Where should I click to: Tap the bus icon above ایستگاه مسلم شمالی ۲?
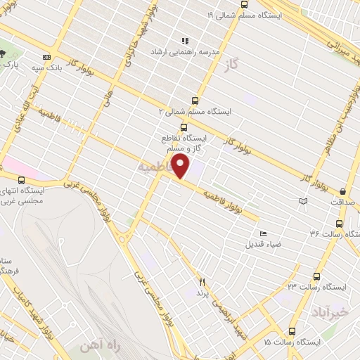tap(195, 101)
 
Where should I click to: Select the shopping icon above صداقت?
tap(342, 191)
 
